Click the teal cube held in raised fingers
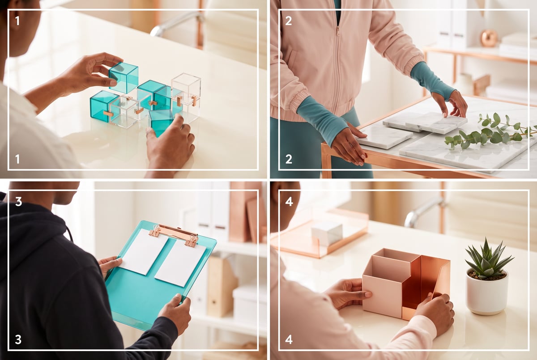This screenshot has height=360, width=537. point(124,77)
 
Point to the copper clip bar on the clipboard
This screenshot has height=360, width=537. point(174,233)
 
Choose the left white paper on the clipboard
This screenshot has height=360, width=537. point(144,251)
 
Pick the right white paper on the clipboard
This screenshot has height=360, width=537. point(180,263)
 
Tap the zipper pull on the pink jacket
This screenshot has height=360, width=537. point(337,31)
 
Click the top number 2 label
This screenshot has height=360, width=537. point(289,21)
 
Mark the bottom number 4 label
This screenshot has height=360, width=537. point(289,339)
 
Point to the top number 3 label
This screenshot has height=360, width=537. point(18,202)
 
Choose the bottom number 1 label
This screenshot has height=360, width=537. point(17,159)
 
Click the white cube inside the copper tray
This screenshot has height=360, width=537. point(327,233)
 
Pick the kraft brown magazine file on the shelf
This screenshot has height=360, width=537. point(222,286)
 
